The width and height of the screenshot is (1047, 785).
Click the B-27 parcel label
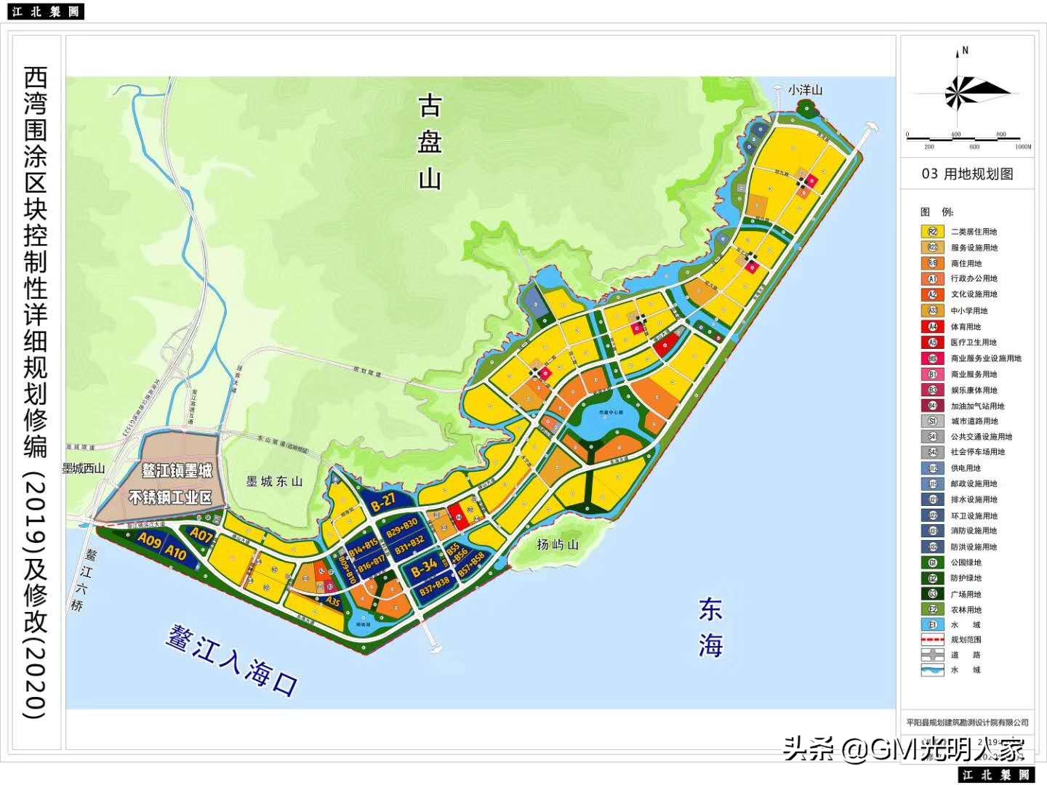pos(383,500)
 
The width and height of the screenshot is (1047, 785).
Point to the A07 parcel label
pos(201,535)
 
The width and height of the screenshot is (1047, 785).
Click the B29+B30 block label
pos(401,527)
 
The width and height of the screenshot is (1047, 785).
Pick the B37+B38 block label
pos(435,586)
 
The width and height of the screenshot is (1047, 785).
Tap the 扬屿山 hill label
pos(557,544)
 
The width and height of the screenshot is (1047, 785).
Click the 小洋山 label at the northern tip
pos(805,90)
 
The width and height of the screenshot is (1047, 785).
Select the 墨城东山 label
pos(274,481)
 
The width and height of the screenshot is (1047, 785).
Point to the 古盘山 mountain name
pos(430,142)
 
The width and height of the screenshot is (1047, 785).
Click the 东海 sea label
pos(710,627)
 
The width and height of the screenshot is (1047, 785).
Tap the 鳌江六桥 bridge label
pos(84,579)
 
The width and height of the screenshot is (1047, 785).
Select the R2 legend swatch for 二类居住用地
pos(932,232)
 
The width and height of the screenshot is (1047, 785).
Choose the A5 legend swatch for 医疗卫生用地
pos(932,342)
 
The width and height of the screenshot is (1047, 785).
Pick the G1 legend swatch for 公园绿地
pos(932,563)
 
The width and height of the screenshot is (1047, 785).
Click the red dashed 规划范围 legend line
pos(932,640)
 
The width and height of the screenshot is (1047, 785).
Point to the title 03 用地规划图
pos(967,174)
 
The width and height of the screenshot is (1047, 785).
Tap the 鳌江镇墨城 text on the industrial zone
pos(177,471)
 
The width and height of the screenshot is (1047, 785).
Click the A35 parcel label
pos(332,601)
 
